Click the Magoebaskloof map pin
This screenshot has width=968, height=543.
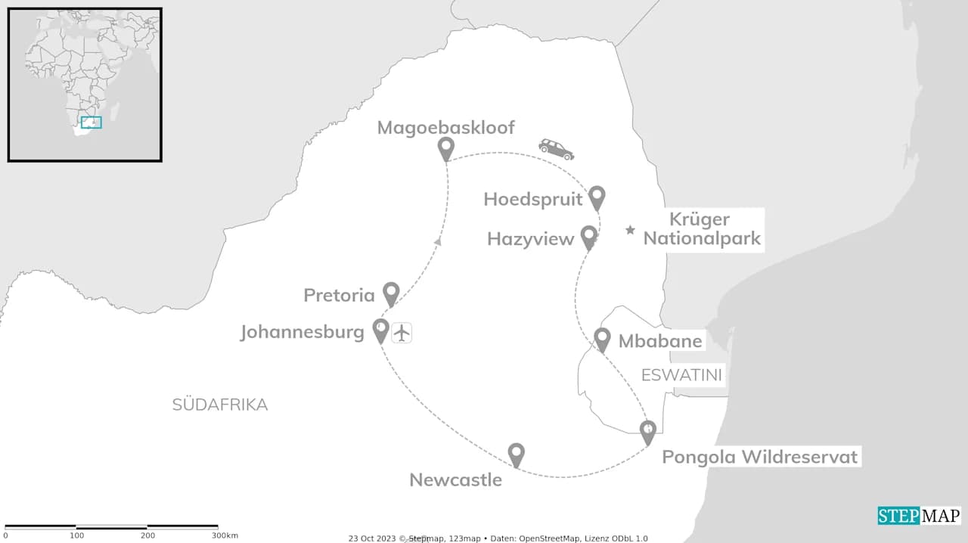[446, 149]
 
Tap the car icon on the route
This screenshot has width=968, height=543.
[556, 148]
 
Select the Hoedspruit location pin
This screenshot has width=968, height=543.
[597, 197]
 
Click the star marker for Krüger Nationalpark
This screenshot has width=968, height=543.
[630, 230]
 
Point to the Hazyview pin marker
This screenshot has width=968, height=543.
[588, 237]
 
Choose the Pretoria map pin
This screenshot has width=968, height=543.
[391, 293]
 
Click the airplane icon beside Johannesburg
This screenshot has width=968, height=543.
[402, 332]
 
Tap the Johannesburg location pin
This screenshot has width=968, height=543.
[381, 330]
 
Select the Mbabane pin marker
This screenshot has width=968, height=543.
[602, 339]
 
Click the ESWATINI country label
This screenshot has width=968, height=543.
[681, 375]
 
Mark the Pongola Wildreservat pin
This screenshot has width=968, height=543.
[648, 432]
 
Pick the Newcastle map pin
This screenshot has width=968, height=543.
[517, 454]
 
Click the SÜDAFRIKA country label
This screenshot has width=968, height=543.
[220, 405]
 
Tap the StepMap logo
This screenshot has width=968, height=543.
[919, 516]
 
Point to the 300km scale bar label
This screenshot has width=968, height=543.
[225, 535]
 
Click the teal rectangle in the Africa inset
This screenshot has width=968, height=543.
[91, 122]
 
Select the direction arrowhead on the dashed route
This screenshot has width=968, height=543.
[437, 241]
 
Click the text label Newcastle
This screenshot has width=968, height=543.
[455, 479]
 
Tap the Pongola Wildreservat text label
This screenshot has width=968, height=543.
[760, 457]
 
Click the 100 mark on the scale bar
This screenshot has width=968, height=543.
[76, 535]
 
